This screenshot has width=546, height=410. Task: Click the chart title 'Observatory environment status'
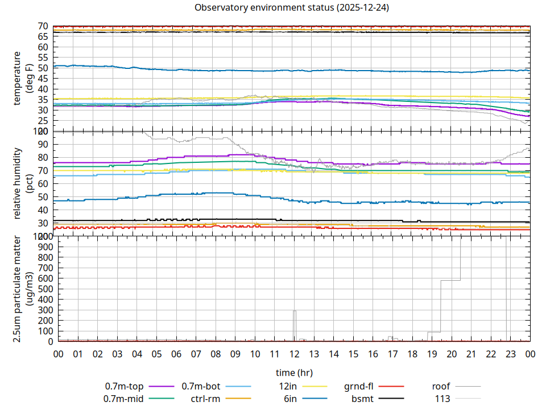pos(292,8)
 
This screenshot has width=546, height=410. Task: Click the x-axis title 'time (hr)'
pos(294,373)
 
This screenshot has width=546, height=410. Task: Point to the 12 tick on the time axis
pos(294,354)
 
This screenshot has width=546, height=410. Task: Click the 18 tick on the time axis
pos(412,354)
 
